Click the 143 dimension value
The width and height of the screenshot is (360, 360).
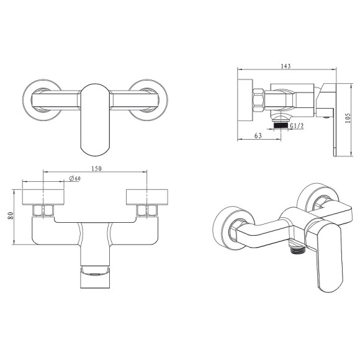pyautogui.click(x=286, y=66)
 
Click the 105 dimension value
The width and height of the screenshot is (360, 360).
pyautogui.click(x=348, y=118)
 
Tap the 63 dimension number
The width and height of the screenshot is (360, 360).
pyautogui.click(x=258, y=136)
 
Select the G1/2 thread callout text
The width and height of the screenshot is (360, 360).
pyautogui.click(x=297, y=126)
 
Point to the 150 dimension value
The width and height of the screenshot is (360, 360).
pyautogui.click(x=96, y=169)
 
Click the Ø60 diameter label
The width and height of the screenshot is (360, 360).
pyautogui.click(x=74, y=178)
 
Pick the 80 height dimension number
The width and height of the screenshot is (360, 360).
pyautogui.click(x=11, y=215)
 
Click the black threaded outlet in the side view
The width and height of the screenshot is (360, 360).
pyautogui.click(x=281, y=125)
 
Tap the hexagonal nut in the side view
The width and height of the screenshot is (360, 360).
pyautogui.click(x=259, y=101)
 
